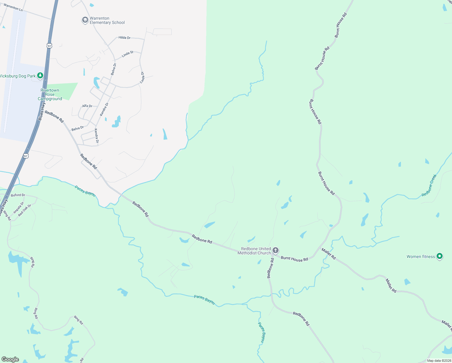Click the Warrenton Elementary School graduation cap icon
(85, 20)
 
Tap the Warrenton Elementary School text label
(107, 20)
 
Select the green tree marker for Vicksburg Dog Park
(40, 76)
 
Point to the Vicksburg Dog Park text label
(18, 76)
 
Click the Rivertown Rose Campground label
(50, 94)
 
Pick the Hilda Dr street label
(124, 38)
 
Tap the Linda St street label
(128, 54)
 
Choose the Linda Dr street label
(142, 78)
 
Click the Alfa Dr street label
(87, 106)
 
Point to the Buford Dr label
(18, 195)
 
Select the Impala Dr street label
(18, 208)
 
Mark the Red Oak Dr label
(24, 210)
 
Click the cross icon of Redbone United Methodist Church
(275, 250)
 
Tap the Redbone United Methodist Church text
(254, 251)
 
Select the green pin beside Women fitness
(440, 256)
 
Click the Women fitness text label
(421, 257)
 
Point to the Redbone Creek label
(429, 185)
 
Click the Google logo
(10, 359)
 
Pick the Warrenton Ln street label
(13, 7)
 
